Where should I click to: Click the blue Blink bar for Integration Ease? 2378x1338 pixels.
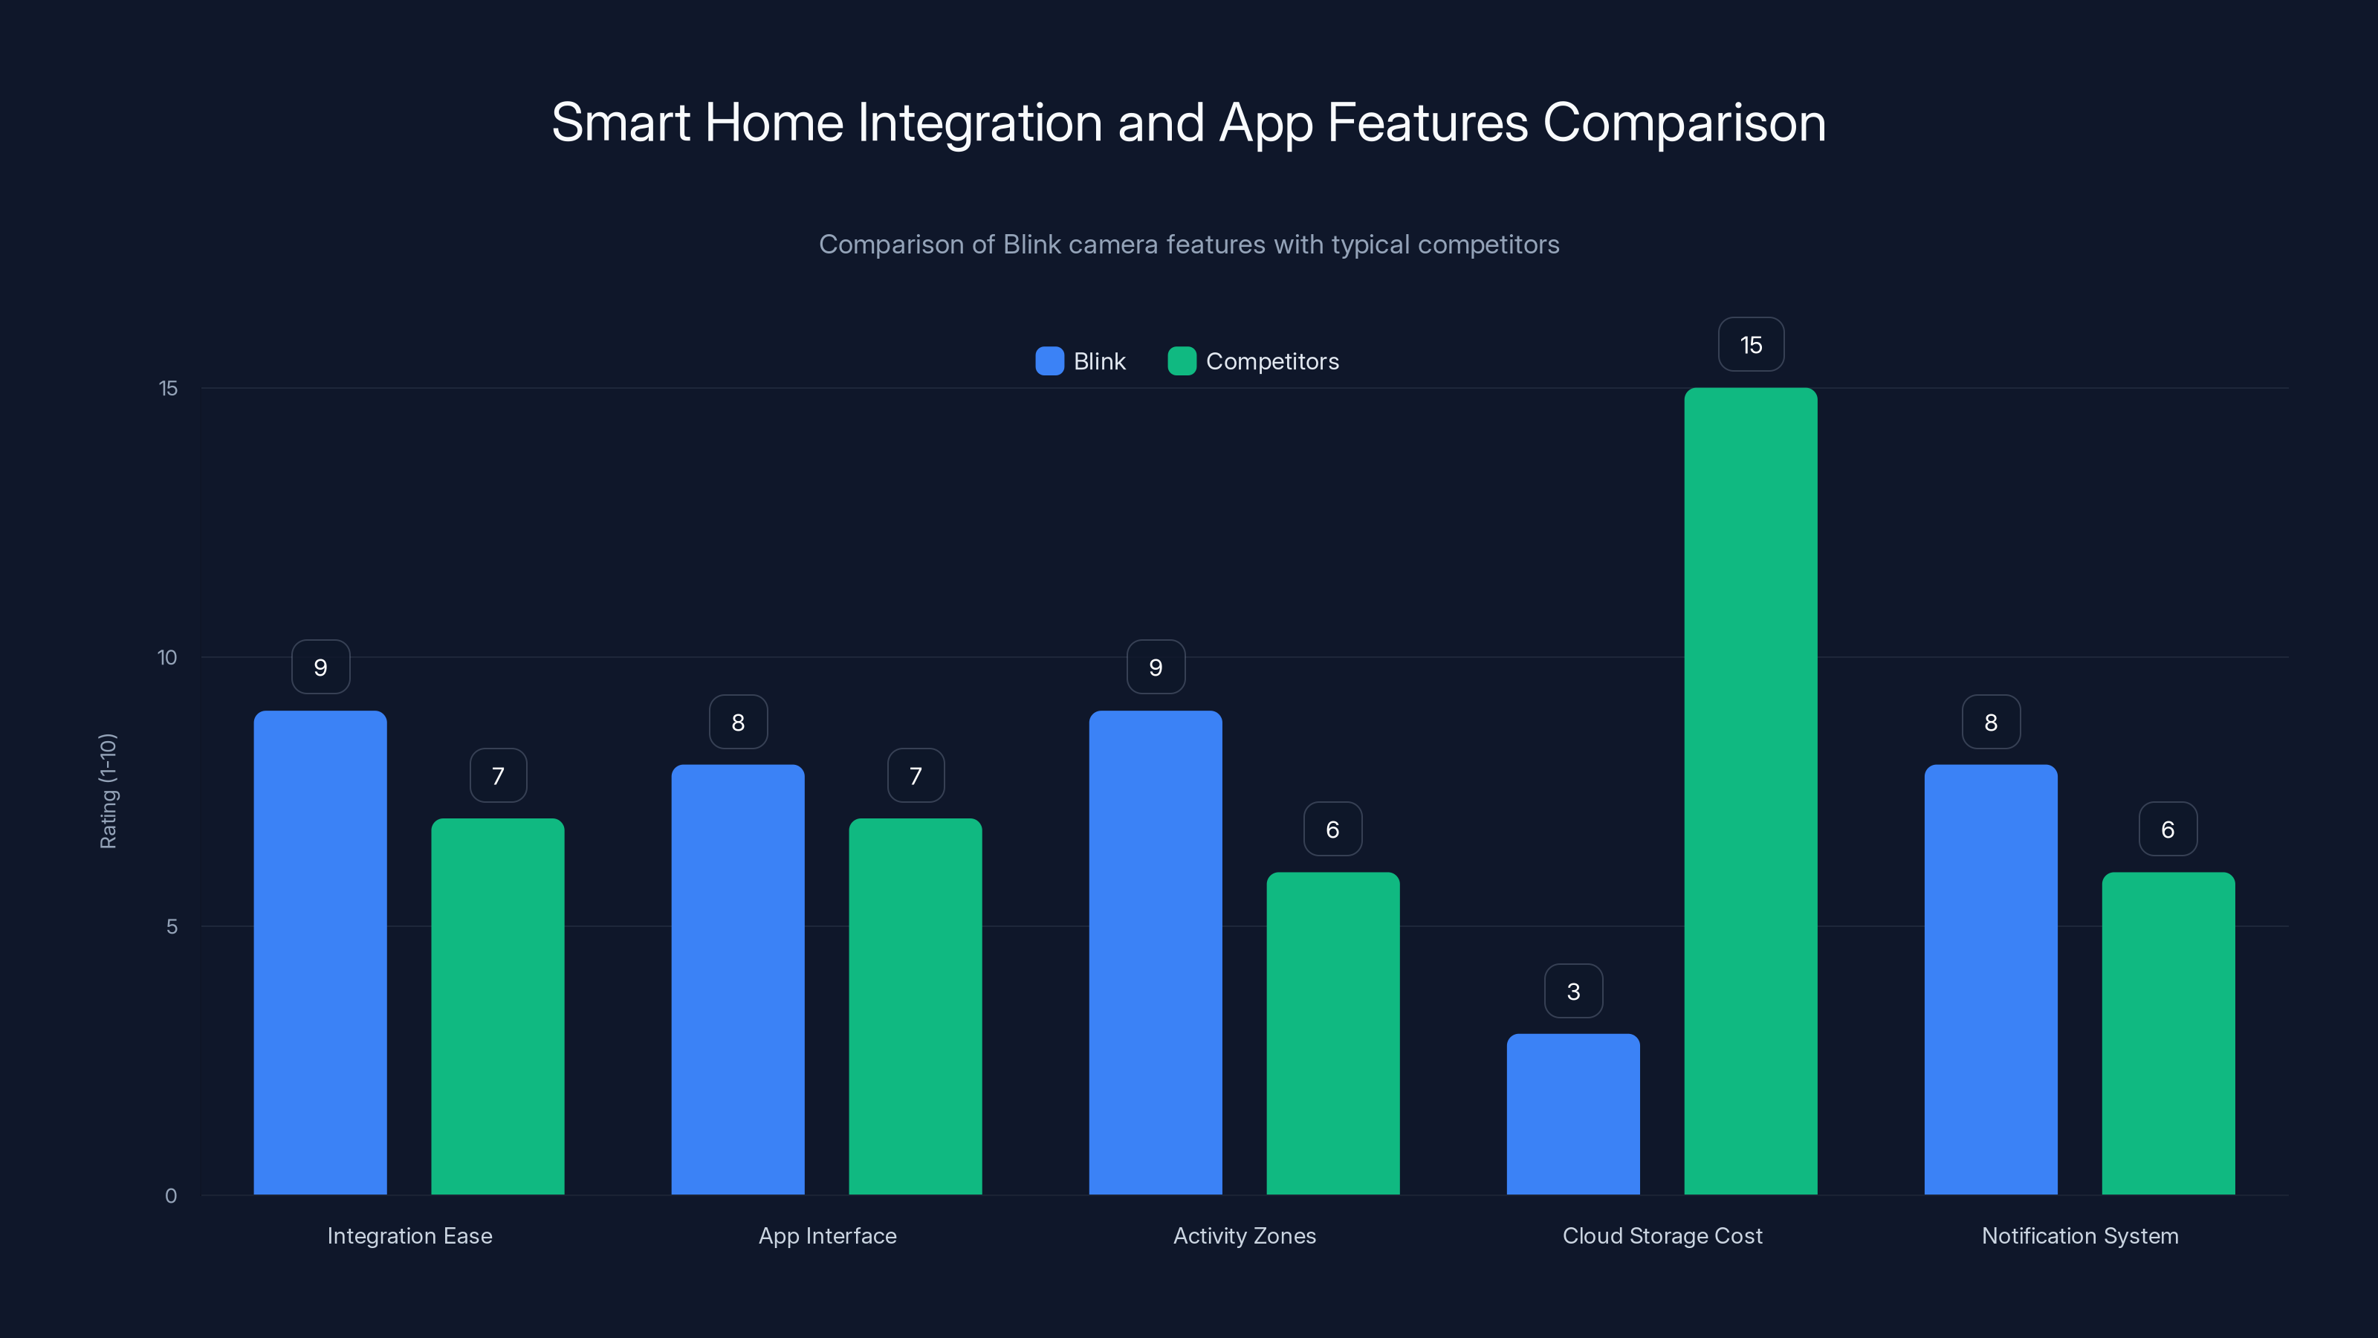(x=320, y=952)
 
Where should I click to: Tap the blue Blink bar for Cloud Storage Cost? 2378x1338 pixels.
(x=1573, y=1114)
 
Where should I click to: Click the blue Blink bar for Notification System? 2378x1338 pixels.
(x=1990, y=979)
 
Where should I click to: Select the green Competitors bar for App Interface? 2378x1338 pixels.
(x=915, y=1006)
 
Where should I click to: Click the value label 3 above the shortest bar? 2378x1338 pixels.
(x=1573, y=991)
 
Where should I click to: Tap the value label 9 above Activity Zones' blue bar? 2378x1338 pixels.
(x=1155, y=667)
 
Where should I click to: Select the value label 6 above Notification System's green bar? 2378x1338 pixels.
(x=2168, y=830)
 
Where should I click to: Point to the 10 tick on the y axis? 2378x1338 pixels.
(x=167, y=657)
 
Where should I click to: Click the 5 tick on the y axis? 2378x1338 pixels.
(x=172, y=926)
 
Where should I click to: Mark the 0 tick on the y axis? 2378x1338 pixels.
(x=171, y=1196)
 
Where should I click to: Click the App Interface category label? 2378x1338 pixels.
(x=827, y=1235)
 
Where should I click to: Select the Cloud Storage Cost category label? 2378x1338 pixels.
(x=1662, y=1235)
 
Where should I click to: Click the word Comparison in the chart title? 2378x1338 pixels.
(x=1684, y=123)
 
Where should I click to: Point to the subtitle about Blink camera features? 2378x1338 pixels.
(x=1189, y=245)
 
